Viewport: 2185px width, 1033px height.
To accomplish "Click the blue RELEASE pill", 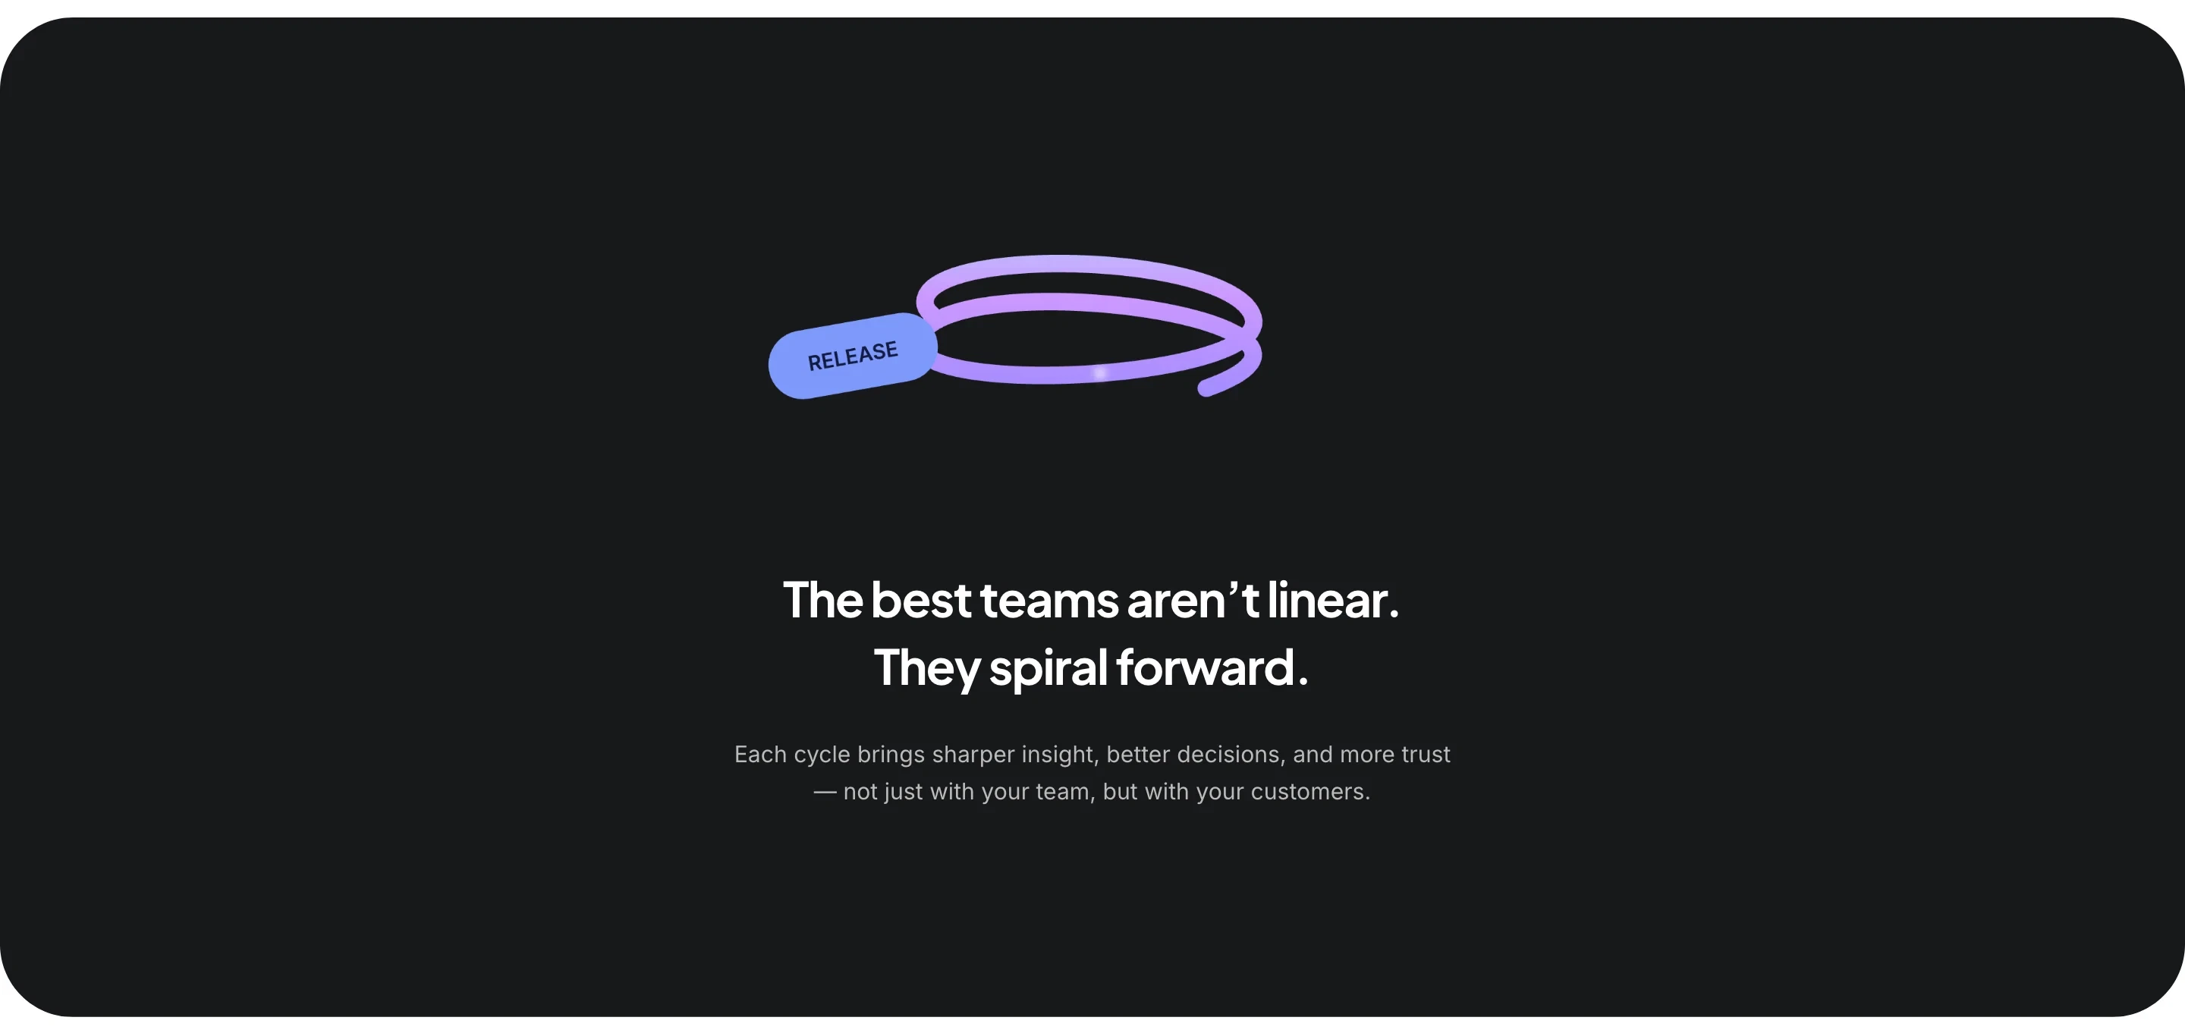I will point(853,356).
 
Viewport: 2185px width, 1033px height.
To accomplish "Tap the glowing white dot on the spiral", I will point(1100,373).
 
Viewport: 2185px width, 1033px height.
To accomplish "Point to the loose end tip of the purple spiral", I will point(1206,389).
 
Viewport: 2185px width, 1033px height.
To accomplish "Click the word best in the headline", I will point(920,601).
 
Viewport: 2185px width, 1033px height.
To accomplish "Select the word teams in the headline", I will point(1049,601).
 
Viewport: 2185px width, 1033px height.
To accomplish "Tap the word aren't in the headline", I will point(1193,601).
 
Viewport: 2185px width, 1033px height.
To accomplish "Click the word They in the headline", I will point(926,667).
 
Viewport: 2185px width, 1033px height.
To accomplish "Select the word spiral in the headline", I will point(1048,667).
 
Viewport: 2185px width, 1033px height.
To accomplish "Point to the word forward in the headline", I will point(1205,667).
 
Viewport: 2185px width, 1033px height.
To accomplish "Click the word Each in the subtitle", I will point(760,754).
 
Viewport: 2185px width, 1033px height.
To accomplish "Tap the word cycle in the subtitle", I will point(821,754).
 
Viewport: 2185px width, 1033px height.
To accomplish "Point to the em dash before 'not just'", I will point(825,791).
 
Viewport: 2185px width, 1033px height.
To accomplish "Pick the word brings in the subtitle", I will point(891,754).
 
